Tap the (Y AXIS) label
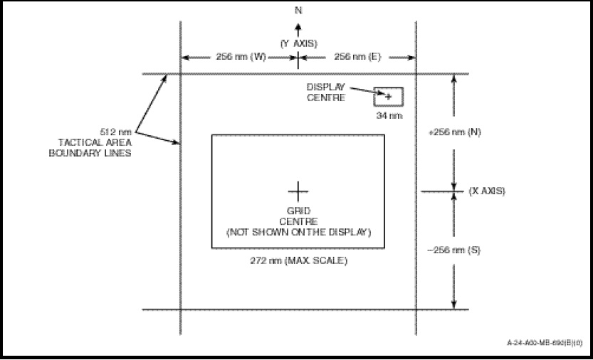[x=298, y=43]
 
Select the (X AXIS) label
[x=488, y=191]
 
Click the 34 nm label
[x=389, y=115]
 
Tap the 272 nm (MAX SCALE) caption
[x=298, y=260]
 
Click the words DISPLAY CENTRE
[x=325, y=92]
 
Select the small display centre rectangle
[x=389, y=97]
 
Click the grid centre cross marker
[x=298, y=190]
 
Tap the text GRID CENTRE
[x=298, y=216]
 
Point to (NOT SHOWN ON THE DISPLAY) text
[x=298, y=233]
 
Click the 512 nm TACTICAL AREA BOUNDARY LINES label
[x=95, y=142]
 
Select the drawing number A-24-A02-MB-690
[x=543, y=343]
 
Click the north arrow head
[x=298, y=26]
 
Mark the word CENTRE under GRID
[x=298, y=221]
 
